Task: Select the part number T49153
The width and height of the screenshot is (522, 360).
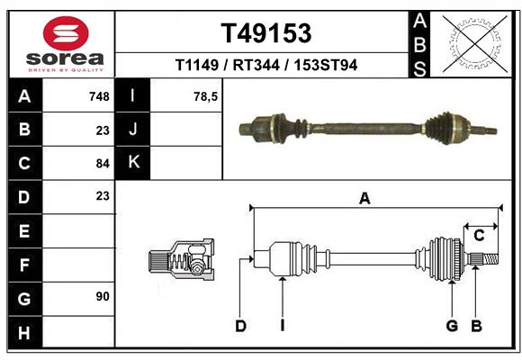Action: [x=266, y=33]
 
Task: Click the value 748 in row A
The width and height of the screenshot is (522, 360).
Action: [x=99, y=96]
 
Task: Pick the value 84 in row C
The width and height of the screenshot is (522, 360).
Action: [x=102, y=164]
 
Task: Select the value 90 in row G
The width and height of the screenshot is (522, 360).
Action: [x=102, y=296]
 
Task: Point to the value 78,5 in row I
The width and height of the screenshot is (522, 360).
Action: [x=205, y=96]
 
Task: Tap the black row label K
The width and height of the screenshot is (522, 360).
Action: [x=133, y=163]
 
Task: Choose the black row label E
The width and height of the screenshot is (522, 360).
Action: [x=24, y=230]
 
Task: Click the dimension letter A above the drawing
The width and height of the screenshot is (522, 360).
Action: [x=364, y=199]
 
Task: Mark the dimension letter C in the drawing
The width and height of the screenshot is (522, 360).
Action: [x=480, y=236]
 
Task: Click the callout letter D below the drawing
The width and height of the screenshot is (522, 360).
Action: [x=240, y=326]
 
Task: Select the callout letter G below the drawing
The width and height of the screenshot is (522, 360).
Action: [x=453, y=326]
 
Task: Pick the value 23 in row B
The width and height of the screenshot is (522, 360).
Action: [x=102, y=130]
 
